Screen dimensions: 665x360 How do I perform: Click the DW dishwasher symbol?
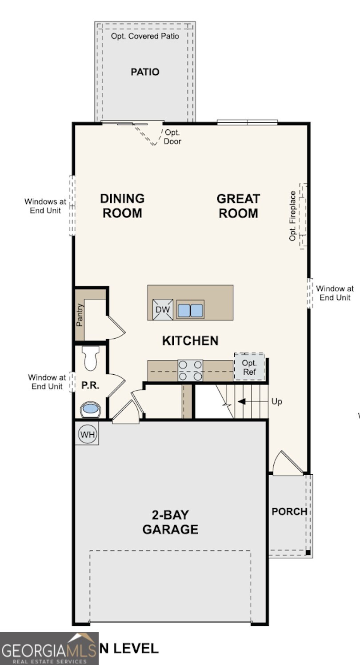(x=162, y=310)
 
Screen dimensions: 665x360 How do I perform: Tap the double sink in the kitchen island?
(x=190, y=310)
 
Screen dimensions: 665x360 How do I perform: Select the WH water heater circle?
(x=87, y=434)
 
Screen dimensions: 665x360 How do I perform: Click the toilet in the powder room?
(x=91, y=359)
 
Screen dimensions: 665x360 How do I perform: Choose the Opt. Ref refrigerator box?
(x=249, y=367)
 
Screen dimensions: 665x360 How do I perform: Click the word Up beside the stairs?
(x=276, y=401)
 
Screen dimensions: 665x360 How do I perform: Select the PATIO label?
(x=145, y=72)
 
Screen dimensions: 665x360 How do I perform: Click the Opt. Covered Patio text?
(x=145, y=36)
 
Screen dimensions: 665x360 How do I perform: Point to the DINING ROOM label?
(x=122, y=205)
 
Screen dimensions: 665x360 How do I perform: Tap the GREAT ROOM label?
(x=238, y=205)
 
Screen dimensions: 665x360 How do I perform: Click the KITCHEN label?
(x=190, y=341)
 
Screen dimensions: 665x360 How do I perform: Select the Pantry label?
(x=80, y=315)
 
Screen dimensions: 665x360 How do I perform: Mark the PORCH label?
(x=289, y=512)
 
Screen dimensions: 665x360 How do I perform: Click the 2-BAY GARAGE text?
(x=170, y=522)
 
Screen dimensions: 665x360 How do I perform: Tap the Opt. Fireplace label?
(x=293, y=216)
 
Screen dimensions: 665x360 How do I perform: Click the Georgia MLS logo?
(x=49, y=649)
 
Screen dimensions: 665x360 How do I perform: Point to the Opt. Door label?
(x=172, y=137)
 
